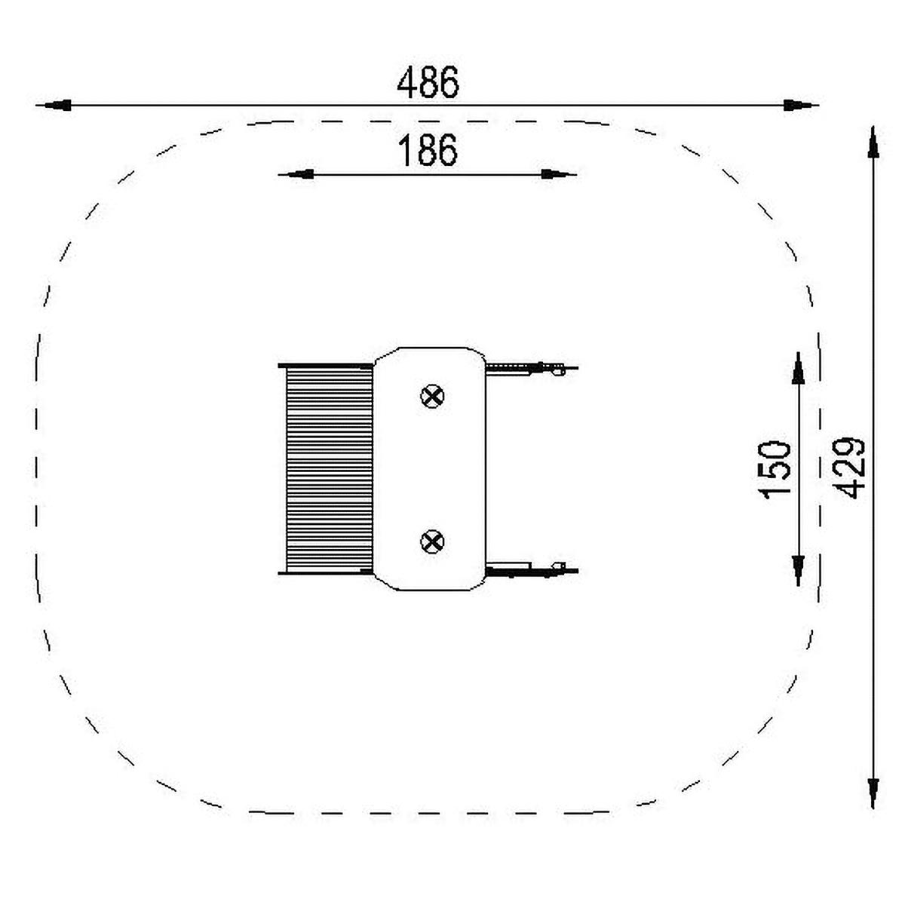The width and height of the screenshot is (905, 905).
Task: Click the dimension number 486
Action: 428,82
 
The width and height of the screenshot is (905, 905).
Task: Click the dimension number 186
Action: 428,150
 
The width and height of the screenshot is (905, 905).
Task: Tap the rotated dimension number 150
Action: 774,469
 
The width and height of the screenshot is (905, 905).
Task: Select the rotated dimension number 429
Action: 849,468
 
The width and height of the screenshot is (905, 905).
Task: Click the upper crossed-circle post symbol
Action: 431,397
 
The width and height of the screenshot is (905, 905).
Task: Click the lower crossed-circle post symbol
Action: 431,542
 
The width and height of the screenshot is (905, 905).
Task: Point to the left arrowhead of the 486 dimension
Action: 54,105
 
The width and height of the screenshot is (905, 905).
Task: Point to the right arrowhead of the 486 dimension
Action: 801,105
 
